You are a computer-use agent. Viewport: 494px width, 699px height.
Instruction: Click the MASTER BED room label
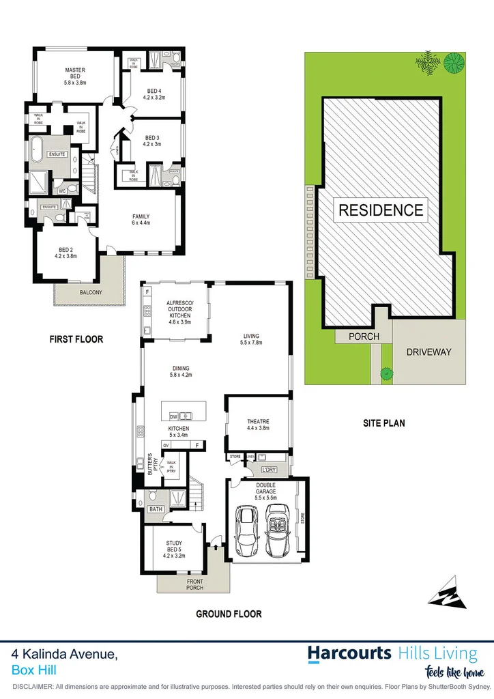click(x=74, y=75)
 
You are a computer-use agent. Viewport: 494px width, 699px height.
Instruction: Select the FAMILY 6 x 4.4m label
click(x=141, y=219)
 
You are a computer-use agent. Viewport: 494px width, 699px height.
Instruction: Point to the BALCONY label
click(x=90, y=293)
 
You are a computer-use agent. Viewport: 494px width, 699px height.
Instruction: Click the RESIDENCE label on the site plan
click(x=381, y=210)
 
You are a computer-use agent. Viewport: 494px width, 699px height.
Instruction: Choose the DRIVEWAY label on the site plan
click(x=428, y=352)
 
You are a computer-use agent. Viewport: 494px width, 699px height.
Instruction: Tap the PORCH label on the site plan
click(x=364, y=337)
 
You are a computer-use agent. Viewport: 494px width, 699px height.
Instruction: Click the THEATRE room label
click(x=258, y=425)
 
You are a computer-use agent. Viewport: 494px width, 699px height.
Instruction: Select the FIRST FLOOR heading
click(x=76, y=339)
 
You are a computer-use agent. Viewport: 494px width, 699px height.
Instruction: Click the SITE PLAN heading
click(x=383, y=423)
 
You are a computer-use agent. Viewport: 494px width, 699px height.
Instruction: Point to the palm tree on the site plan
click(x=428, y=63)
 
